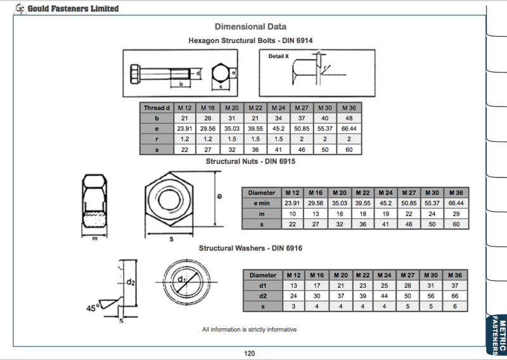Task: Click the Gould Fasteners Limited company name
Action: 73,8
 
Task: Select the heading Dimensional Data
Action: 250,27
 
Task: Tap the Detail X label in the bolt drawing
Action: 279,56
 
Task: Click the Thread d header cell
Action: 157,108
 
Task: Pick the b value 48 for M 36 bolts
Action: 349,118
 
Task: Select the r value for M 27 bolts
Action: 302,139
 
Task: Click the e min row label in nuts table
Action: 262,203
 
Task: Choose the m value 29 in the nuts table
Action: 455,214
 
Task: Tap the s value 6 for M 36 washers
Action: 455,306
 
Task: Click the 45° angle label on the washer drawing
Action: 93,308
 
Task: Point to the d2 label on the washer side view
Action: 131,282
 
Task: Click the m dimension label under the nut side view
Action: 94,238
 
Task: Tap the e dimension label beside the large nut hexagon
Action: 219,196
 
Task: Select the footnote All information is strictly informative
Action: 249,330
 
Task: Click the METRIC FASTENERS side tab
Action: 498,333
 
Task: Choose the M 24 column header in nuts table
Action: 385,193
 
